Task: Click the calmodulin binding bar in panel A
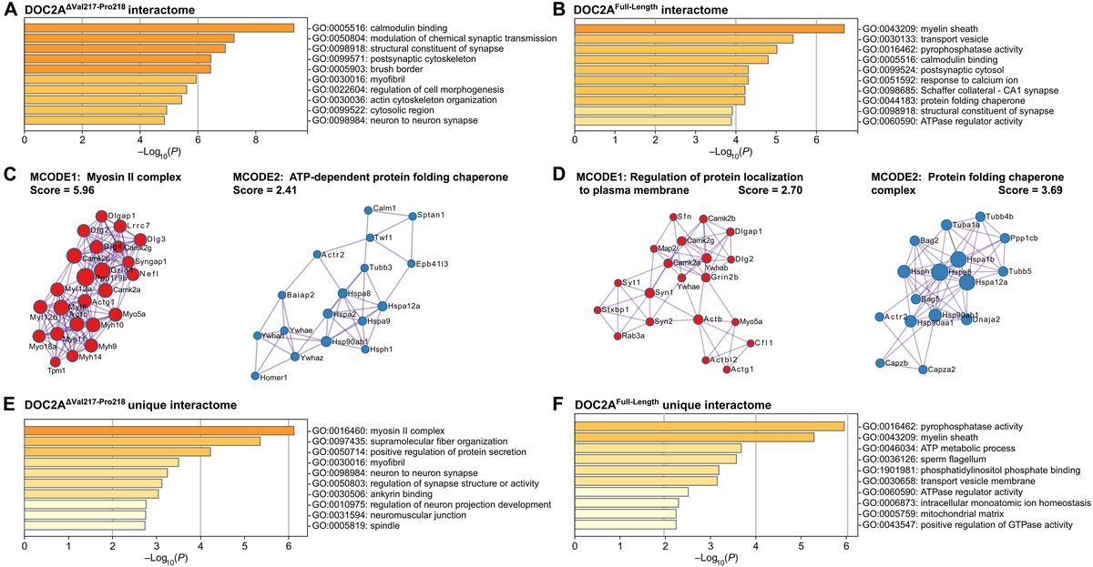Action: (x=159, y=28)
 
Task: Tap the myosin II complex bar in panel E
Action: (x=159, y=430)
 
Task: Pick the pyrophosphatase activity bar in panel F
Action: (x=710, y=426)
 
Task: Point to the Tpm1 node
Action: (x=55, y=361)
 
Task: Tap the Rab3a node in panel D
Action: (x=617, y=336)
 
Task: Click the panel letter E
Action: (x=8, y=405)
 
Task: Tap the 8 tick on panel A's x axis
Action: (x=256, y=141)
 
